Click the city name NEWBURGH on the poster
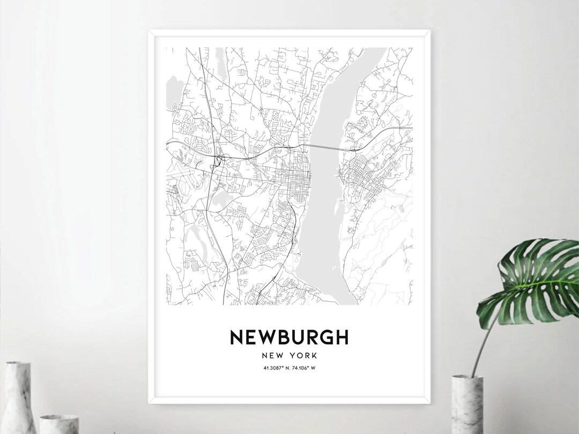[x=289, y=337]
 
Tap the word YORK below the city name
[x=303, y=355]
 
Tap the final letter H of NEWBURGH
[x=342, y=337]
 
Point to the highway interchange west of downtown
[x=219, y=159]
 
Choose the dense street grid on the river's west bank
[x=287, y=174]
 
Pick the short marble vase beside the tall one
[x=59, y=424]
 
